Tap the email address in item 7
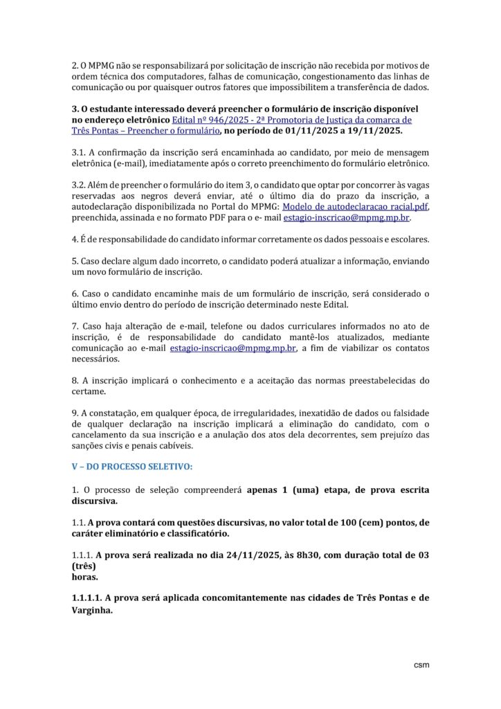click(233, 348)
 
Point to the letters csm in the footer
click(421, 665)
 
